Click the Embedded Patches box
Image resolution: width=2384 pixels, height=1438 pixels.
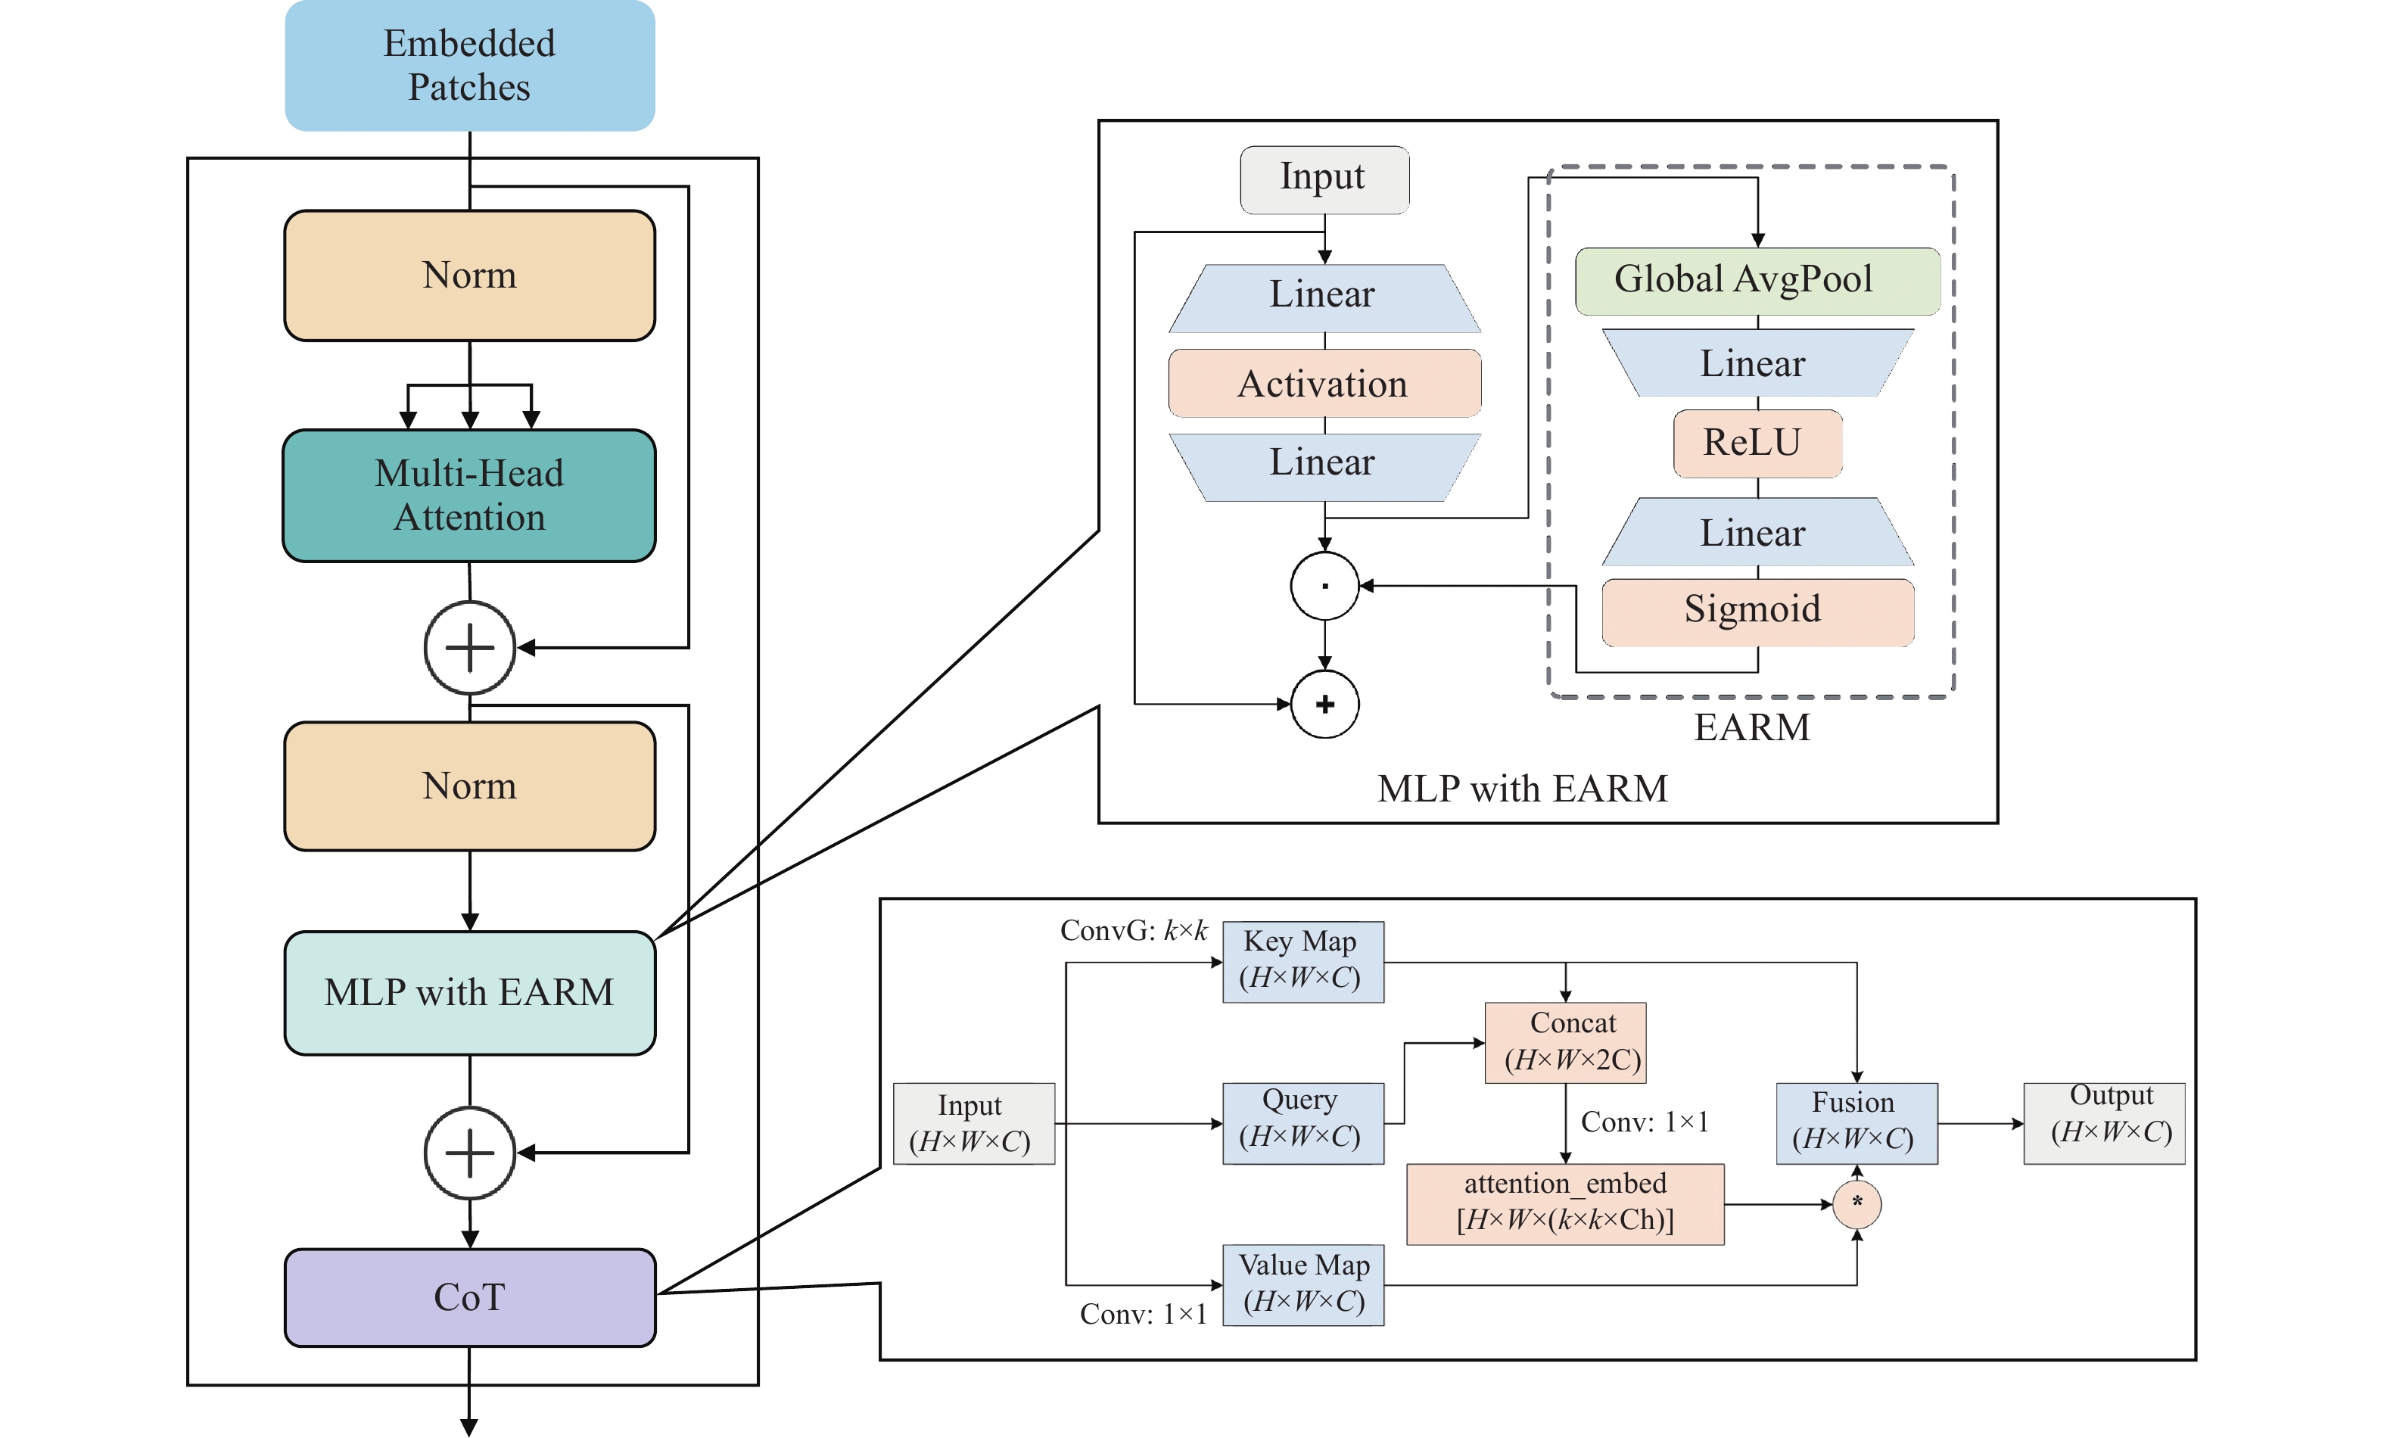(469, 65)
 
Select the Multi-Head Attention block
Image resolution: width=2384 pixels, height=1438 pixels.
(469, 496)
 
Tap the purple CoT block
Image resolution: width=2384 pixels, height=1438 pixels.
(469, 1296)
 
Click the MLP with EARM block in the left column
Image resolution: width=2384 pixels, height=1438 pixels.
(469, 993)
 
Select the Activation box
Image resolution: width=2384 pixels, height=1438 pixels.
(1324, 384)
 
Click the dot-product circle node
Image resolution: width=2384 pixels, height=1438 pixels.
(1324, 586)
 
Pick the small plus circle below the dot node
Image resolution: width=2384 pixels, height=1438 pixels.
(1324, 704)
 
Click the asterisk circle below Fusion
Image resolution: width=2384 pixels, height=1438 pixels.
(1856, 1204)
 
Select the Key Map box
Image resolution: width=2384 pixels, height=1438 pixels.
(1302, 961)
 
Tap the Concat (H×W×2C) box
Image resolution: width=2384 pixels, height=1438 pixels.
(1564, 1042)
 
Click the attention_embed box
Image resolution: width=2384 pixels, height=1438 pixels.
(1564, 1203)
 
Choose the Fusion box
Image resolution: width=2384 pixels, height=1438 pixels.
(1856, 1122)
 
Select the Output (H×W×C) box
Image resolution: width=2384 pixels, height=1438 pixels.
(2103, 1122)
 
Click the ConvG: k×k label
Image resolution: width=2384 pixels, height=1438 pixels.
(1133, 931)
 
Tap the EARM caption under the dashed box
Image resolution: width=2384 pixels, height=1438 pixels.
(1751, 727)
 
